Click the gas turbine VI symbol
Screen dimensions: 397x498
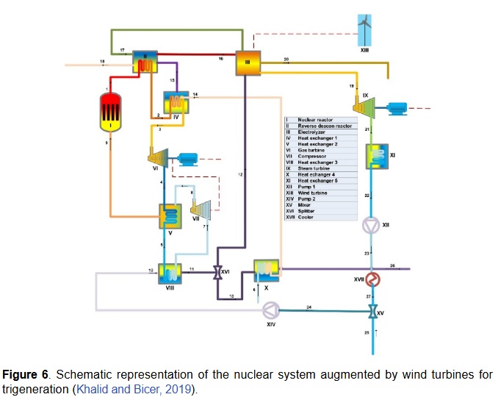click(x=156, y=156)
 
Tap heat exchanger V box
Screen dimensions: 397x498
click(x=171, y=216)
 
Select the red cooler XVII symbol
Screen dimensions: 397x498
click(x=373, y=279)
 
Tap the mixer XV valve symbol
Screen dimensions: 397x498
click(x=373, y=311)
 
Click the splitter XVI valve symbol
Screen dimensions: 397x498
click(x=217, y=272)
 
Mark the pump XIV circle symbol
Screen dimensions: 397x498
click(x=273, y=309)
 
